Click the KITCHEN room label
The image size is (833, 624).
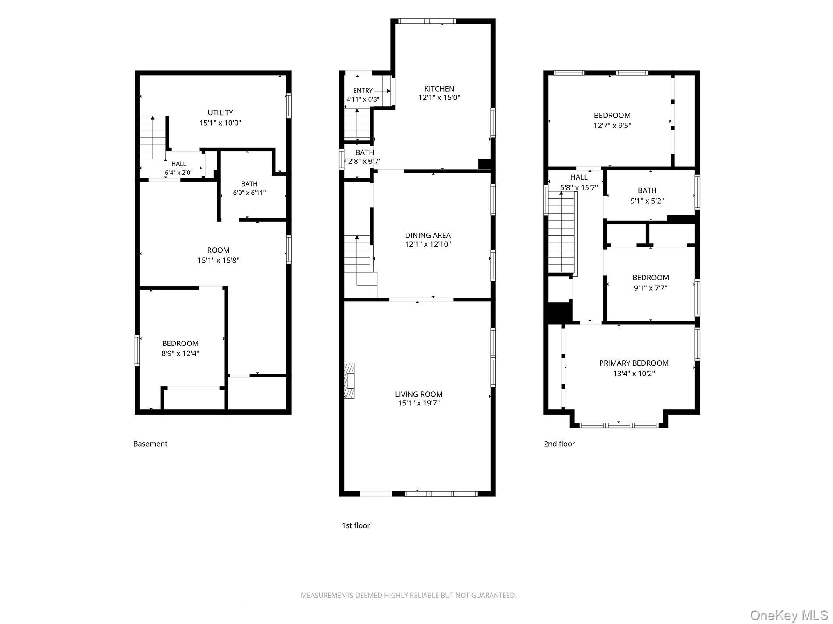point(439,89)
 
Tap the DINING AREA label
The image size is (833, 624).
point(427,236)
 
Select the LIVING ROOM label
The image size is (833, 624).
point(419,394)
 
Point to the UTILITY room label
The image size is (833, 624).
point(220,113)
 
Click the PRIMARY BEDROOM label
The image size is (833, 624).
point(634,363)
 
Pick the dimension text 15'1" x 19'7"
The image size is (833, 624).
point(419,403)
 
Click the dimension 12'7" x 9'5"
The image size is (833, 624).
point(612,126)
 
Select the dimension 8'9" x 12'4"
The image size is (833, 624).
point(180,353)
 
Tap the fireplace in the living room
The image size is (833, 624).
point(349,381)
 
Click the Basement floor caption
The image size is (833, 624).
point(150,444)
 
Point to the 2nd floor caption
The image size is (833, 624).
point(559,444)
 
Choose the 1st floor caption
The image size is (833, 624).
point(356,525)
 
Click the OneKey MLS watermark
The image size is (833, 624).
point(789,615)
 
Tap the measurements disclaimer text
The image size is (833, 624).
point(408,596)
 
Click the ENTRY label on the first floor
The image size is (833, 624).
point(363,91)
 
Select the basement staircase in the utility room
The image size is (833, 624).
point(153,137)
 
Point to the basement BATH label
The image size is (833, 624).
point(249,184)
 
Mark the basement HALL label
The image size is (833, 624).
point(178,164)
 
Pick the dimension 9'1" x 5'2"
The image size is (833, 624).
point(647,201)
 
